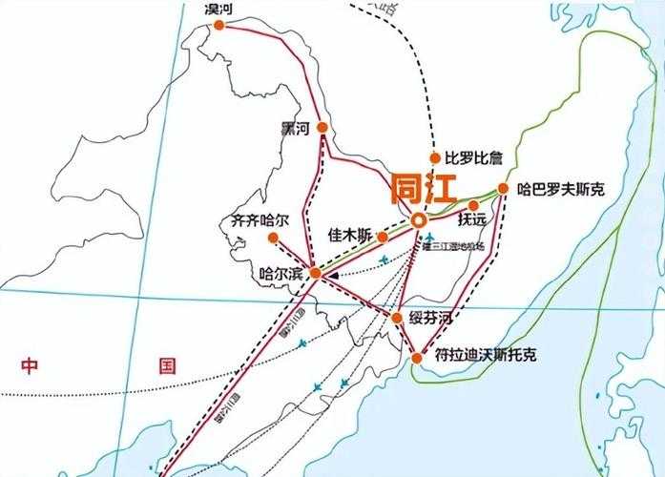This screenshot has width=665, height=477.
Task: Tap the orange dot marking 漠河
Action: (x=219, y=26)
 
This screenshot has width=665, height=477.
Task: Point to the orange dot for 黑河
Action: (x=323, y=128)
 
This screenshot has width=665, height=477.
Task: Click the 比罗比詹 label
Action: (x=473, y=157)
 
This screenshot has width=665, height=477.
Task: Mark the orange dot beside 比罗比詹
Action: (x=435, y=158)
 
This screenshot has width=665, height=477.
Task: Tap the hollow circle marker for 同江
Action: (x=419, y=220)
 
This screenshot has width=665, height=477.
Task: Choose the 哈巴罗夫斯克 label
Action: (x=560, y=189)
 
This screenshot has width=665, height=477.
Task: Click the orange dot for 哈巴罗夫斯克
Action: (x=503, y=189)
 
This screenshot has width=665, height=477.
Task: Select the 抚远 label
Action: (x=471, y=219)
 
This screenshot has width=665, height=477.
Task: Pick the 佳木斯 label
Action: (x=349, y=234)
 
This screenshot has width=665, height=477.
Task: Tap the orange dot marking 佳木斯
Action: (x=382, y=237)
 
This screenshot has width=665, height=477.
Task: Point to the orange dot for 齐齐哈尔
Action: (x=273, y=238)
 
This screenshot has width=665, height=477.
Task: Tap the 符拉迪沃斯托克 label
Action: (x=485, y=356)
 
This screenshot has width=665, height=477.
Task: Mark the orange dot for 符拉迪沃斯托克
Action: (x=417, y=358)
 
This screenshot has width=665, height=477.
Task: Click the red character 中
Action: (x=31, y=364)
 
